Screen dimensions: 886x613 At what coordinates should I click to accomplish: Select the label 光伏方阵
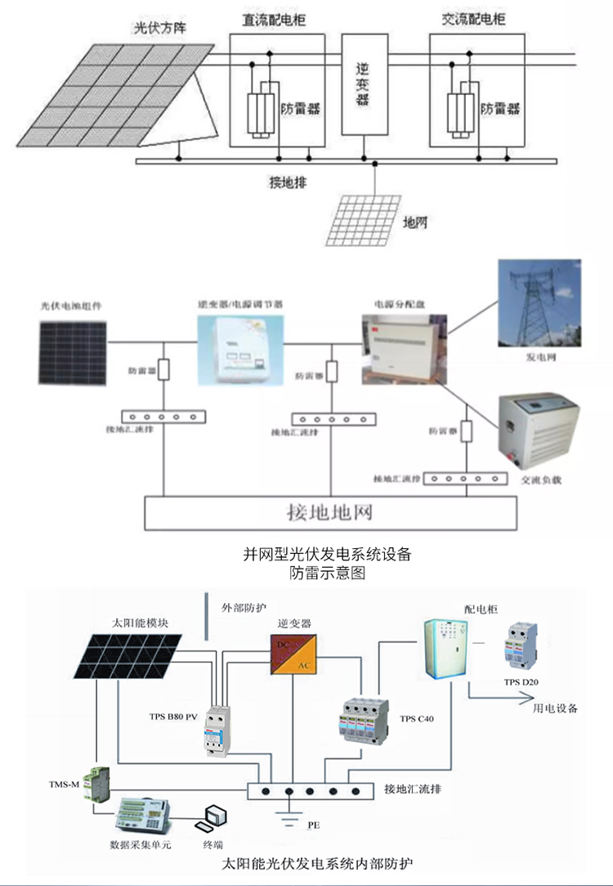(160, 29)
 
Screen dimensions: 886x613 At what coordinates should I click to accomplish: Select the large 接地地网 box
(330, 513)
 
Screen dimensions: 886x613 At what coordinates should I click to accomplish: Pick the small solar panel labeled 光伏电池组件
(72, 352)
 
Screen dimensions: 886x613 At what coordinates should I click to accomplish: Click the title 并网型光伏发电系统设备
(327, 554)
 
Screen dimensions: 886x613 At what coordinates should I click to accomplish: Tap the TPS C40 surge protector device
(360, 719)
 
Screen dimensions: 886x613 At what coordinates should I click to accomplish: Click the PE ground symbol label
(313, 826)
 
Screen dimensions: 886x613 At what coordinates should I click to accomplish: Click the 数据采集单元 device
(145, 812)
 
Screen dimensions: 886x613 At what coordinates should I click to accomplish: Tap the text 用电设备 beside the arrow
(555, 708)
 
